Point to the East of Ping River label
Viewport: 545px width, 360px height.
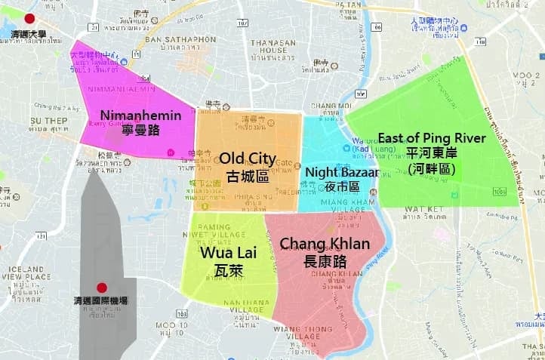(432, 138)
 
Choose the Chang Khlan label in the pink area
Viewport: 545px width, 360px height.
(325, 244)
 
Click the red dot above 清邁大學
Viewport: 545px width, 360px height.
(29, 19)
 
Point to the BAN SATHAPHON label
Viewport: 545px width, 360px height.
(175, 39)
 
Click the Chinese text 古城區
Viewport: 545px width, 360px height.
(247, 177)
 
